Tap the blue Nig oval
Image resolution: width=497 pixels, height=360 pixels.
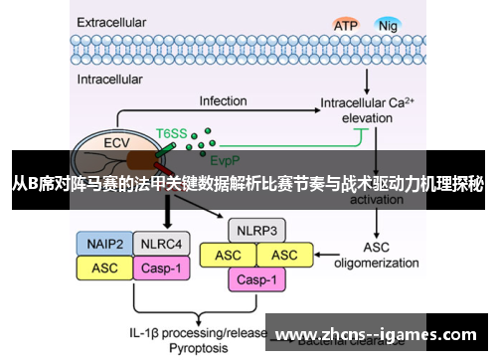[x=389, y=24]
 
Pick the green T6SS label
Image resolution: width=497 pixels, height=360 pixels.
[x=170, y=132]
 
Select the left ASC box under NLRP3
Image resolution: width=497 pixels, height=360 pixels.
[x=228, y=256]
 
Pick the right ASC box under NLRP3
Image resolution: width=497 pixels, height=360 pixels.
[x=284, y=256]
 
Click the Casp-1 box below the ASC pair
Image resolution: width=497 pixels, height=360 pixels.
[x=256, y=279]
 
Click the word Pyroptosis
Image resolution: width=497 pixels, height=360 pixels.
[x=200, y=349]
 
